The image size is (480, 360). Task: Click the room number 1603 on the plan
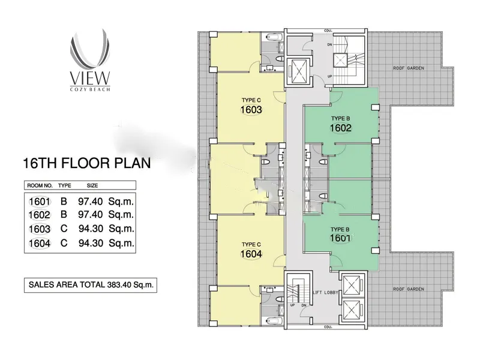251,110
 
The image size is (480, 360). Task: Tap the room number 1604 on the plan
251,254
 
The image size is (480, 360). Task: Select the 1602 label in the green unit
340,128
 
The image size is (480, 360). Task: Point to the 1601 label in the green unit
340,238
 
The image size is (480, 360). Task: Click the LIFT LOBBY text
325,292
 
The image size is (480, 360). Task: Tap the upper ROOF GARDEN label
409,68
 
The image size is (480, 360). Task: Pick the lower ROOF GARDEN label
409,289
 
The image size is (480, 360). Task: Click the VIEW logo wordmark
89,78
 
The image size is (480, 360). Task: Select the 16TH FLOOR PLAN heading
87,163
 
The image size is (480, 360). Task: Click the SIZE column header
92,185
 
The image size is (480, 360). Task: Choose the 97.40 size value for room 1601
91,202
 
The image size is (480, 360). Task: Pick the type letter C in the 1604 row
64,243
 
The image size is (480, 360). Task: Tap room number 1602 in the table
40,215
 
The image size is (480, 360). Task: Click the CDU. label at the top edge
328,31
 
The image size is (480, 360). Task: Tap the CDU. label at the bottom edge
328,327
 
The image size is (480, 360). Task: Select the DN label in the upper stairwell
329,44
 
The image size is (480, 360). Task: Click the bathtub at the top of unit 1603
274,37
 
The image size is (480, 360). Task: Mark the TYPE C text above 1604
251,244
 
